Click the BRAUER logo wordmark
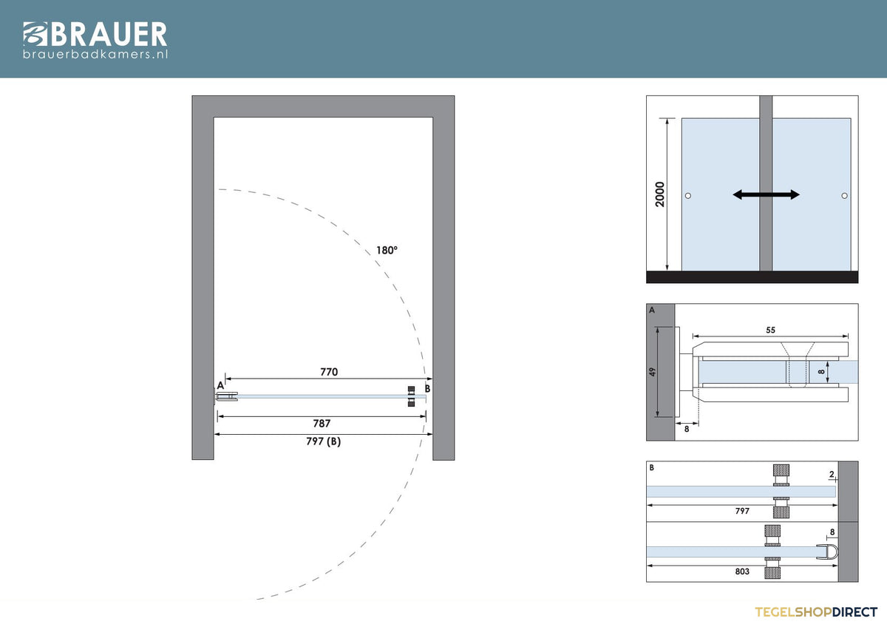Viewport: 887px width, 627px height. pos(95,34)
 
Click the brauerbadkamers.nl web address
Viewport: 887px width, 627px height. pos(95,54)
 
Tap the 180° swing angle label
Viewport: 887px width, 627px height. pos(387,251)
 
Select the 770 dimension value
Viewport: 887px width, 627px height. pos(329,371)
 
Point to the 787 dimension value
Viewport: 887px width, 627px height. pos(322,424)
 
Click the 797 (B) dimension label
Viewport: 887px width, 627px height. pos(324,441)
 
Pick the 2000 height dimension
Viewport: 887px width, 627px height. pos(659,194)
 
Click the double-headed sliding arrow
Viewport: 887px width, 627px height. pos(767,194)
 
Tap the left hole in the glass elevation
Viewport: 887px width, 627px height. pos(688,196)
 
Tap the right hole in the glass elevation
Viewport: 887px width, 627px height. pos(845,196)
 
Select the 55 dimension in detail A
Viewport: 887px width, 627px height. pos(770,330)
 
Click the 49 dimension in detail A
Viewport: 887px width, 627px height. pos(652,372)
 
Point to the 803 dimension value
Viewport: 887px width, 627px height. pos(742,572)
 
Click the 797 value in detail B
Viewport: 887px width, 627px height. pos(742,511)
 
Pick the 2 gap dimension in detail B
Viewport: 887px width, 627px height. pos(832,474)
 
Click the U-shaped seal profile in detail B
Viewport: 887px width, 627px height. pos(828,552)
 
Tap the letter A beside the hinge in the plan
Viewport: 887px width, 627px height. pos(220,385)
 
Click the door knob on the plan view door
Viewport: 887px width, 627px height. pos(412,396)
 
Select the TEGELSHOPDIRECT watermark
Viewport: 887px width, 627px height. pos(816,612)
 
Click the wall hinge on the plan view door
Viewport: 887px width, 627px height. pos(226,396)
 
